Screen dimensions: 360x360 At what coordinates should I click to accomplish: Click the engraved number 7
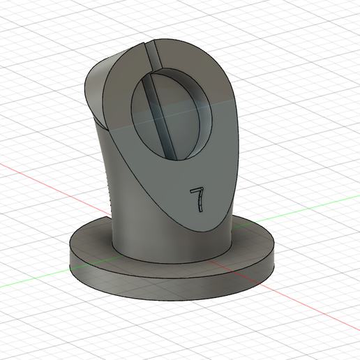tap(197, 198)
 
